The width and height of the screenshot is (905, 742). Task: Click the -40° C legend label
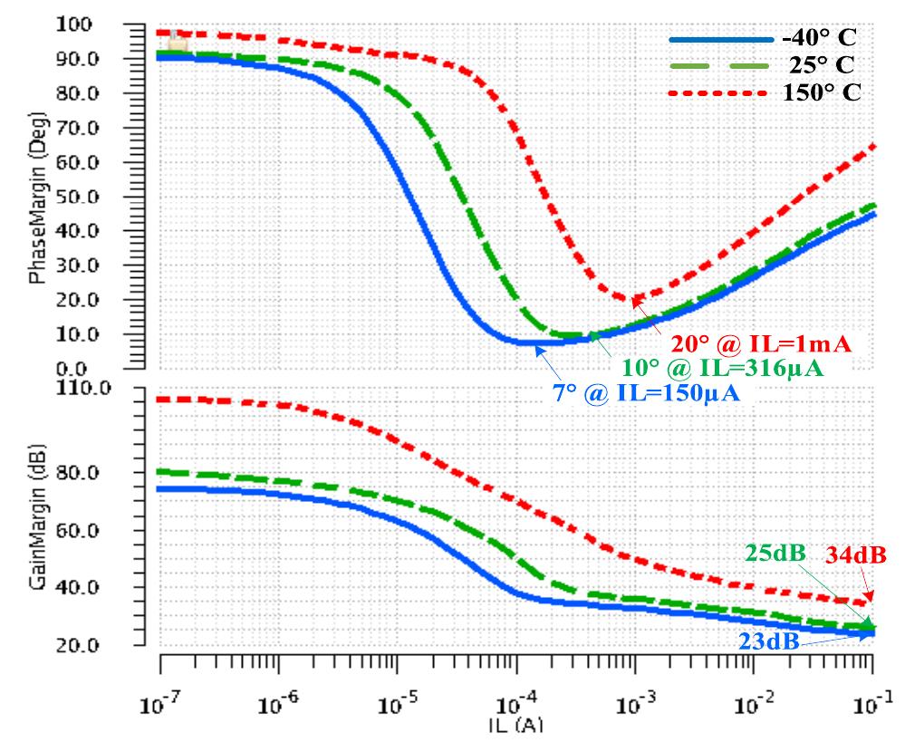(x=819, y=39)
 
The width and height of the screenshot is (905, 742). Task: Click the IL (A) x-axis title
(x=515, y=726)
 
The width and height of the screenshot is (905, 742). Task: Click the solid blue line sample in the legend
(x=716, y=40)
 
